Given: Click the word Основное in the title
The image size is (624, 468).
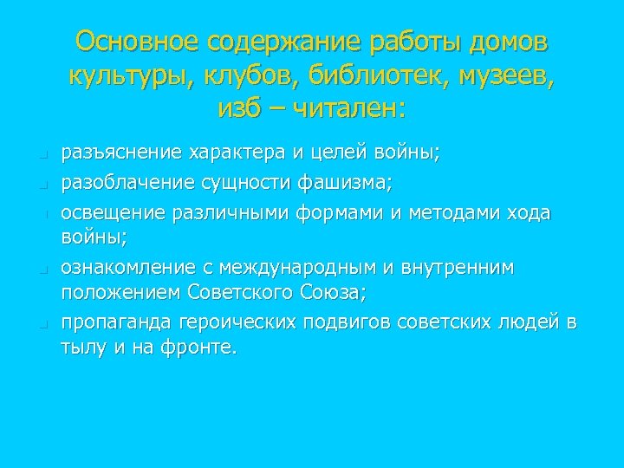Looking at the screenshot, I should [x=128, y=42].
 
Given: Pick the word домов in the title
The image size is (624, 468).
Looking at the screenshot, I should [x=505, y=42].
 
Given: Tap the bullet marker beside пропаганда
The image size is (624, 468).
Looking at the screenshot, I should [x=41, y=325].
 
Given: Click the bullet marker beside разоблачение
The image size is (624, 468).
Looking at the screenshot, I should [x=41, y=185].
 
